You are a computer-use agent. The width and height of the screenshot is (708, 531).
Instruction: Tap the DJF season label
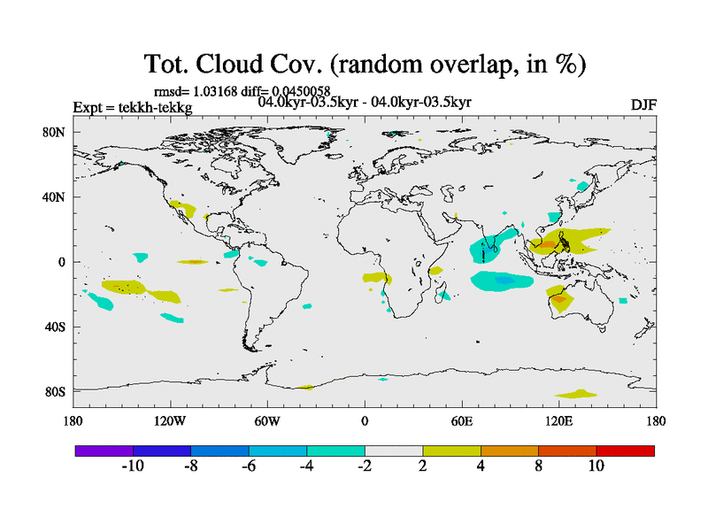[x=643, y=104]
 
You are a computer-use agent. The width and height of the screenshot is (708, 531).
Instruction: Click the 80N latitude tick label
[x=56, y=133]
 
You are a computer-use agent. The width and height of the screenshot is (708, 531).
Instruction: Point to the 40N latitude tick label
[x=56, y=197]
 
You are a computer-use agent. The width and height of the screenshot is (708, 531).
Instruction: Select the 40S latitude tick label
[x=56, y=327]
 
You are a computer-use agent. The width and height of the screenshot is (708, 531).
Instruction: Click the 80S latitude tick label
[x=56, y=391]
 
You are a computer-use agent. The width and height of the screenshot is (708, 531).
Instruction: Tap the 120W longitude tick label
[x=170, y=421]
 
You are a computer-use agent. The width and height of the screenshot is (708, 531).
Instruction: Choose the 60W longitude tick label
[x=267, y=421]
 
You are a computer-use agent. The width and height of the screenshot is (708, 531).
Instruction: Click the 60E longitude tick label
[x=461, y=421]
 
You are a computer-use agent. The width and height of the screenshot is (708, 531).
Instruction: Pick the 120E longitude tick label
[x=558, y=421]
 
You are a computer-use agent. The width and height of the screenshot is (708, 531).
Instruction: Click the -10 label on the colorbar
[x=133, y=466]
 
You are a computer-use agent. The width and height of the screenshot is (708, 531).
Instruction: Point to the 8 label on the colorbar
[x=538, y=466]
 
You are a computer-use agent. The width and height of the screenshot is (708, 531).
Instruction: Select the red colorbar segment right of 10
[x=625, y=450]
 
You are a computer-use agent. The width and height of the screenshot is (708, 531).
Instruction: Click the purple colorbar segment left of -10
[x=104, y=450]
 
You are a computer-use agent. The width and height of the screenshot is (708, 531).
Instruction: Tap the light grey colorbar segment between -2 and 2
[x=393, y=450]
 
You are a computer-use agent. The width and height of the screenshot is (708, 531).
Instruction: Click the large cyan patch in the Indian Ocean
[x=501, y=281]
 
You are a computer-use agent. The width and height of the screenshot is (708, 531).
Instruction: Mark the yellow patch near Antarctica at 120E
[x=576, y=393]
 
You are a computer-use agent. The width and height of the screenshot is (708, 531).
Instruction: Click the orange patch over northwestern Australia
[x=559, y=301]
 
